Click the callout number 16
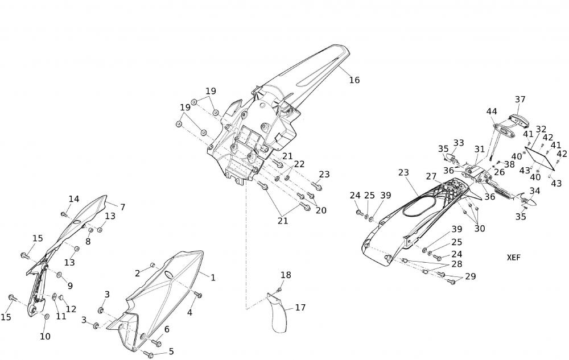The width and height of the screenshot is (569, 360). (x=354, y=80)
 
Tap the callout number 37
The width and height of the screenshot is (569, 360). (x=520, y=100)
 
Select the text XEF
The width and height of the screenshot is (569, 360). (x=514, y=257)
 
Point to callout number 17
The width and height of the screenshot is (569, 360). (x=300, y=308)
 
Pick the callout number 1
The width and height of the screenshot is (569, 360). (x=213, y=278)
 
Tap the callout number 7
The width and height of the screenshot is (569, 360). (x=122, y=207)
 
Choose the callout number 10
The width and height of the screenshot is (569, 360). (x=45, y=336)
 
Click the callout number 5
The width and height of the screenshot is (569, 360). (x=171, y=351)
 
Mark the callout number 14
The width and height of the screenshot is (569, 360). (x=74, y=199)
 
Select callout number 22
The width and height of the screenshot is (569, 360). (x=299, y=164)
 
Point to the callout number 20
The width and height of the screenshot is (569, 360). (x=321, y=210)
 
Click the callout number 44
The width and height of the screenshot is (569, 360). (x=492, y=111)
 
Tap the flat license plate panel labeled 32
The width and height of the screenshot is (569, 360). (x=540, y=156)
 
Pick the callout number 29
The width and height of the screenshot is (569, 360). (x=470, y=276)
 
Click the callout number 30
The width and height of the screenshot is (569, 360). (x=480, y=229)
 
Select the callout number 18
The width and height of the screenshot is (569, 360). (x=286, y=275)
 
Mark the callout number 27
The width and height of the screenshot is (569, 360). (x=430, y=177)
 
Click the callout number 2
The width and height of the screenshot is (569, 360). (x=137, y=274)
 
